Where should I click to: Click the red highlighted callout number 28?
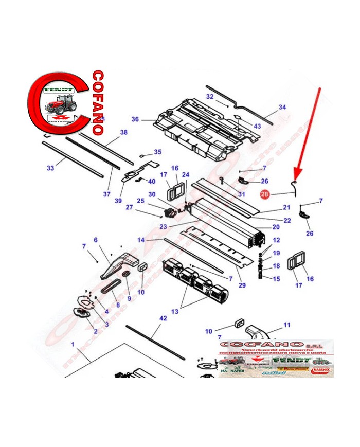click(264, 194)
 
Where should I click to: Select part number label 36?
click(135, 119)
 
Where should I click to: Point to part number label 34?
click(282, 108)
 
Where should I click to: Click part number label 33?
click(50, 168)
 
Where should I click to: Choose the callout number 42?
click(163, 319)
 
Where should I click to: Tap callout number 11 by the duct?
click(287, 325)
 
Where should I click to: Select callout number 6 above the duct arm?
click(95, 240)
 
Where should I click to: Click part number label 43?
click(257, 126)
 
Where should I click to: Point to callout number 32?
click(210, 97)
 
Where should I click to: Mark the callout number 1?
click(73, 344)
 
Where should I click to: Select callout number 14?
click(141, 240)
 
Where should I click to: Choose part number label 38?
click(123, 132)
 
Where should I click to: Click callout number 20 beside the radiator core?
click(276, 227)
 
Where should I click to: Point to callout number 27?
click(129, 207)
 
